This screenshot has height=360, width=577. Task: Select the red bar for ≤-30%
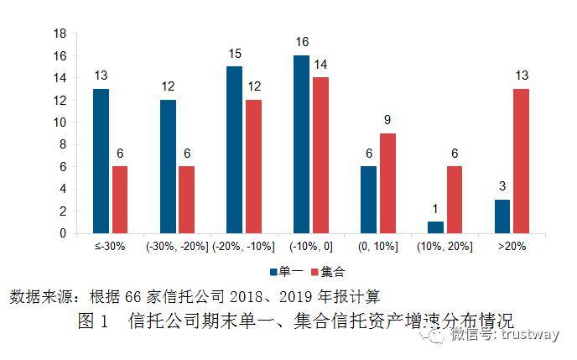(120, 200)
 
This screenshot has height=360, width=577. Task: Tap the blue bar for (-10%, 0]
(302, 144)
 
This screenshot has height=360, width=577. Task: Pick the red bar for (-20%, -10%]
(254, 166)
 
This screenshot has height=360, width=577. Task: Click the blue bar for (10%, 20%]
(436, 227)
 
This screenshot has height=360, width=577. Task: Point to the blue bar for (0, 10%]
(369, 200)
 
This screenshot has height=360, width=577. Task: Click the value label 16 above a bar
(302, 42)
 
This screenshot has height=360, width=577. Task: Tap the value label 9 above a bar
(387, 120)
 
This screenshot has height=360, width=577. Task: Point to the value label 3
(502, 186)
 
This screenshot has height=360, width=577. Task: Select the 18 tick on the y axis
(60, 34)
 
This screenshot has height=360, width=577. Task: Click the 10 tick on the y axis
(60, 123)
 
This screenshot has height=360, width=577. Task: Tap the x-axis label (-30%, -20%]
(177, 246)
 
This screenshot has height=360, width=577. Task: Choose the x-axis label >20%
(512, 246)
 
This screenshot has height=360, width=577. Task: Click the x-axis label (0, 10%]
(377, 246)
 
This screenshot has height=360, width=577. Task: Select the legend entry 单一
(285, 272)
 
